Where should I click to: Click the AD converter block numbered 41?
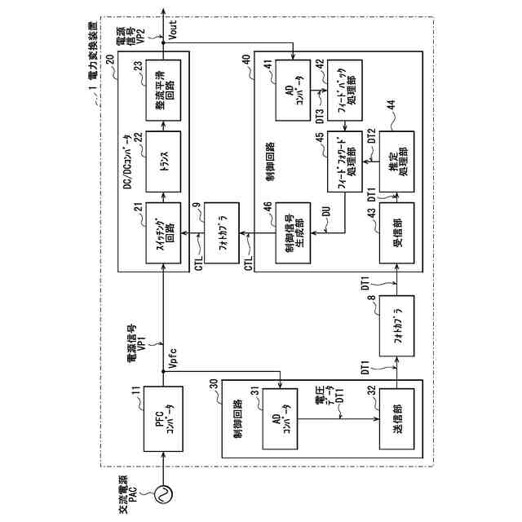tap(294, 86)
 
